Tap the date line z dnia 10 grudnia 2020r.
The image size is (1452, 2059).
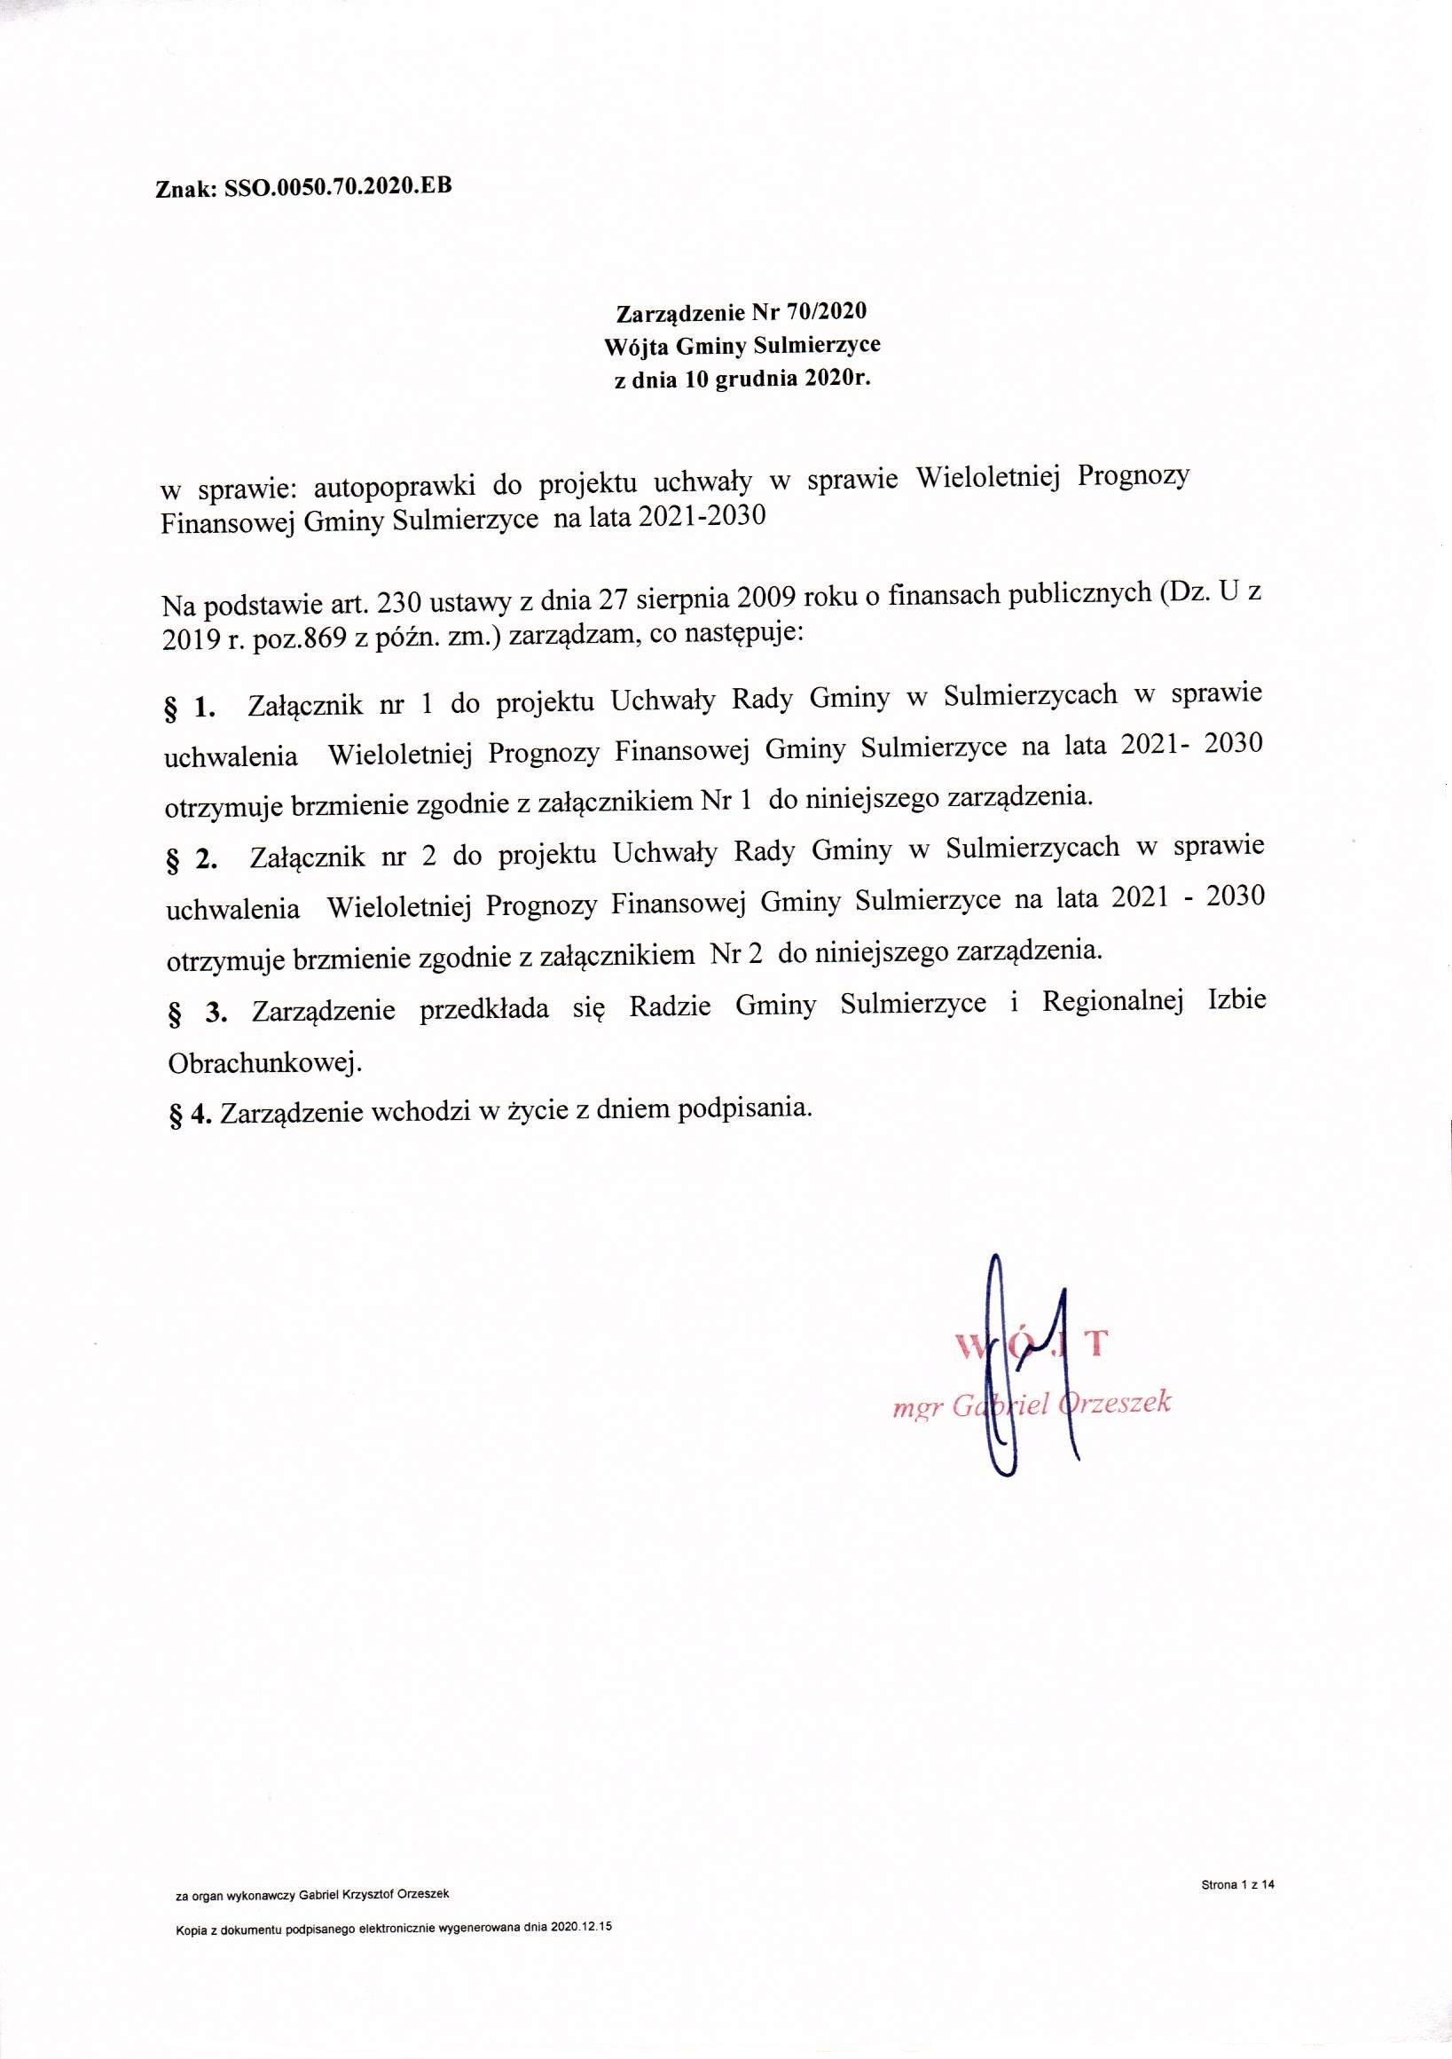point(742,380)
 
